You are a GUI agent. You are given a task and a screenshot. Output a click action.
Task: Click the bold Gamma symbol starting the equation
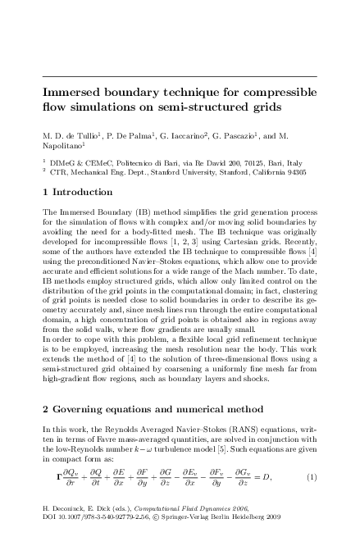58,500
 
